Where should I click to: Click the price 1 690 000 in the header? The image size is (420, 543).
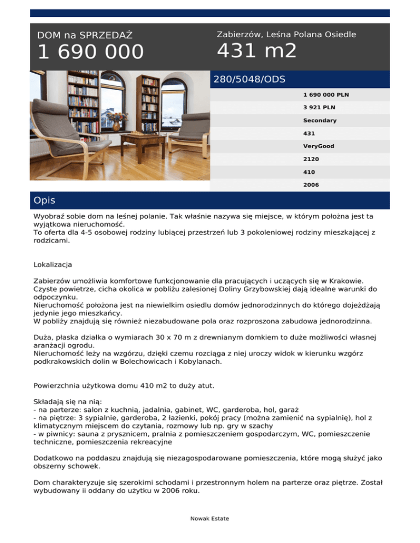[90, 52]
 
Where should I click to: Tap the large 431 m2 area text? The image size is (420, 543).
[257, 51]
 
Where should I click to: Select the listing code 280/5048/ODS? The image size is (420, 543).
[249, 79]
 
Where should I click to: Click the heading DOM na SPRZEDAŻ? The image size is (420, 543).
[85, 36]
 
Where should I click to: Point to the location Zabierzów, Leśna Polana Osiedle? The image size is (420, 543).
[287, 34]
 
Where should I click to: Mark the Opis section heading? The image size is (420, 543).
[44, 200]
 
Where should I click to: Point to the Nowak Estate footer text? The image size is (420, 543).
[210, 518]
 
